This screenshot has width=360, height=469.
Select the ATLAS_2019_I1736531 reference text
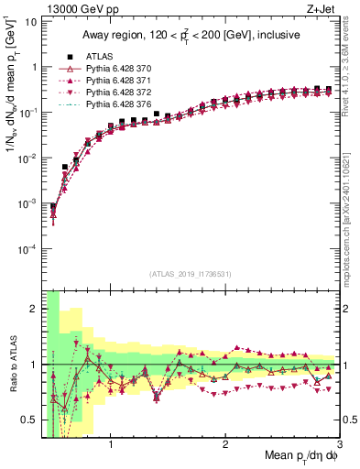click(x=191, y=274)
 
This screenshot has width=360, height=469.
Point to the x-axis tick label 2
click(x=225, y=446)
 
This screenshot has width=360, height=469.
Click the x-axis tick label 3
click(x=338, y=446)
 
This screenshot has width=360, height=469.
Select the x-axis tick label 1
click(x=111, y=446)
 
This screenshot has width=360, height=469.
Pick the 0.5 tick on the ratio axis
click(x=30, y=420)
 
